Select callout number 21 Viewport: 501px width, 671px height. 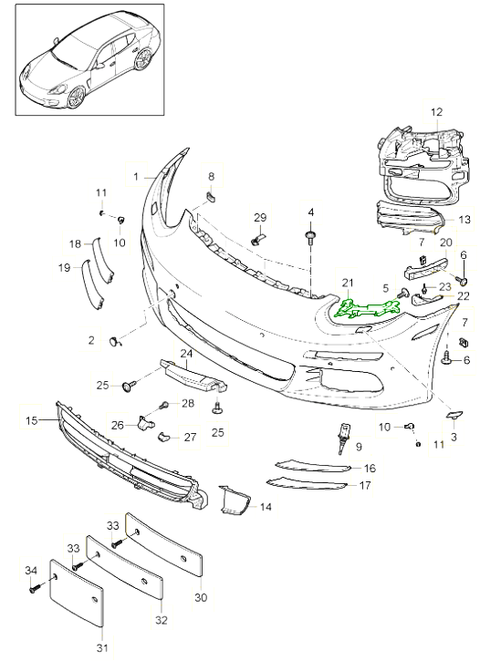(x=347, y=283)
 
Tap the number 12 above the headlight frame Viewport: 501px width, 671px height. (x=436, y=112)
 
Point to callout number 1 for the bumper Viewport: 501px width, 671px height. (x=135, y=175)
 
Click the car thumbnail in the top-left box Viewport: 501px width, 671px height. (x=89, y=58)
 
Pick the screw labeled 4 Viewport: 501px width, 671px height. (x=312, y=239)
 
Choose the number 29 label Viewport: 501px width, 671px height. (x=260, y=217)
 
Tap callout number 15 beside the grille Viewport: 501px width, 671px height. (x=31, y=420)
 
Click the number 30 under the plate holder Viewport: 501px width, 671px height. (x=201, y=598)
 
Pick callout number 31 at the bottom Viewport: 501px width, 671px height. (x=102, y=648)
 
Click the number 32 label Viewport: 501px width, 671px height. (x=162, y=620)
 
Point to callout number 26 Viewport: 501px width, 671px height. (x=118, y=424)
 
